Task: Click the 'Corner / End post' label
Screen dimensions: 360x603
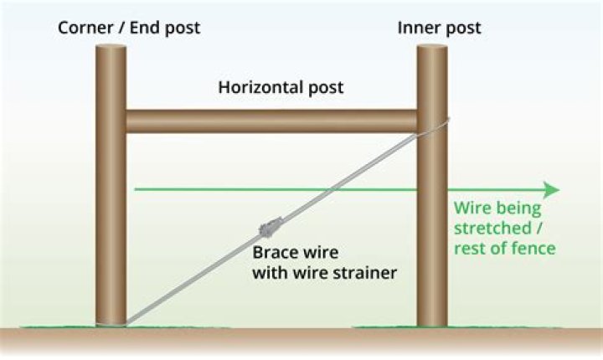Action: click(129, 27)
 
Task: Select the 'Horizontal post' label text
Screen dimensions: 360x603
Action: click(281, 87)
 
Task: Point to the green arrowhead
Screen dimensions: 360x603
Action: click(550, 189)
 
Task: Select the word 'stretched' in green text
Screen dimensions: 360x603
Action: click(487, 229)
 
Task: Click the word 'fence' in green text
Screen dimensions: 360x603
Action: click(537, 249)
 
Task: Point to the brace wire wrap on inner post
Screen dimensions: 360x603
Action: click(435, 126)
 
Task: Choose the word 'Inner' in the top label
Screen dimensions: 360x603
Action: click(415, 27)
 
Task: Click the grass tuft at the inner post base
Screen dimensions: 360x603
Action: click(432, 326)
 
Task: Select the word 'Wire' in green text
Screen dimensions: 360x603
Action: click(470, 208)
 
